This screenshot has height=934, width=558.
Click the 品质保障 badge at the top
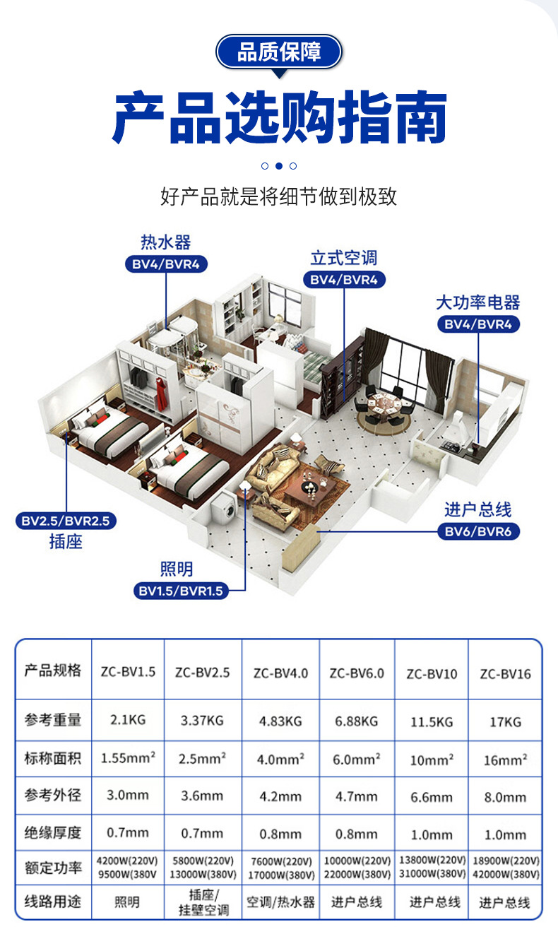[x=279, y=52]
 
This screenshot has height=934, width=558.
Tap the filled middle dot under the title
[x=279, y=166]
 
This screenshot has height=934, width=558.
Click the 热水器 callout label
[x=166, y=243]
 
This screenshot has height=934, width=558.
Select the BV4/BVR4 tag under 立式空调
[x=344, y=280]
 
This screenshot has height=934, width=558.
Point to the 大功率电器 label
[x=477, y=302]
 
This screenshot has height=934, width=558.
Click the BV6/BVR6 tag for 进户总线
[x=477, y=531]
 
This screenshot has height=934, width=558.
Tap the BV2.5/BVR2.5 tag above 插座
[x=66, y=522]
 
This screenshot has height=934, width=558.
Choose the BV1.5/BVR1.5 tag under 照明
[x=182, y=591]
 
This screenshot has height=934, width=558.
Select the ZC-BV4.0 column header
[x=280, y=673]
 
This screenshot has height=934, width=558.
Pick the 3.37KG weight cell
[x=202, y=721]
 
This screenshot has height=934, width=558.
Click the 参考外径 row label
[x=53, y=795]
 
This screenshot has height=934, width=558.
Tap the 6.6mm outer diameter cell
[x=431, y=797]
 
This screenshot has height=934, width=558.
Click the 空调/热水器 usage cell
[x=280, y=902]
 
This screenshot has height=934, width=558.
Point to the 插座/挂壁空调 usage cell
[x=202, y=902]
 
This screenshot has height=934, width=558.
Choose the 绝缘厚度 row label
[x=53, y=832]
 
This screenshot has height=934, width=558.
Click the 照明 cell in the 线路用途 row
[x=127, y=902]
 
